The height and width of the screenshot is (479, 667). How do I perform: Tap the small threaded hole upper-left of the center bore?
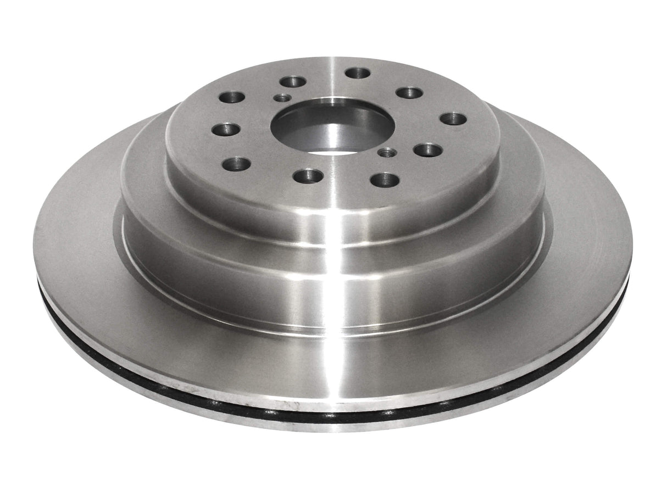click(284, 98)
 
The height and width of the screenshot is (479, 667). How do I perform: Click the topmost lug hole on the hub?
click(358, 73)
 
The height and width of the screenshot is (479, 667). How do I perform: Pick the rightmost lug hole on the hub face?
click(453, 119)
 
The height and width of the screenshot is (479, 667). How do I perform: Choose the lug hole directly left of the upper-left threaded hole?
click(231, 98)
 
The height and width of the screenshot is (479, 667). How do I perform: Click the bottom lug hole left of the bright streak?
click(309, 175)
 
